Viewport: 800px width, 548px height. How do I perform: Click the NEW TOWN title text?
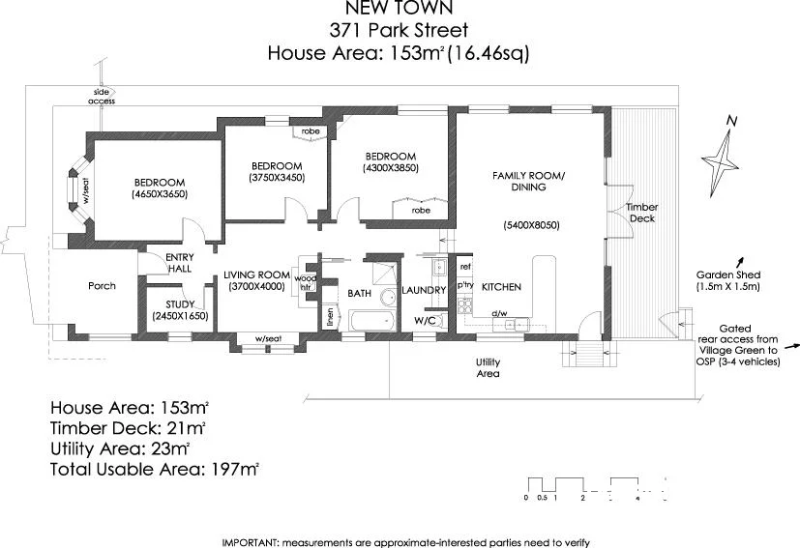coord(399,10)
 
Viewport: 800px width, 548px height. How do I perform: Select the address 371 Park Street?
coord(399,30)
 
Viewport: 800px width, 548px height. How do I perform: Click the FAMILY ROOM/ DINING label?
coord(528,181)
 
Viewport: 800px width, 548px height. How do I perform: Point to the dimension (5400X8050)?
coord(531,225)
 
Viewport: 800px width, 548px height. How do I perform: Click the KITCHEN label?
coord(502,287)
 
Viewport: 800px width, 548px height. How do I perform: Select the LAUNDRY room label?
coord(423,290)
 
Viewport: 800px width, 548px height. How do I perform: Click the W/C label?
coord(425,320)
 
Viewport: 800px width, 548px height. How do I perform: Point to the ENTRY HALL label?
coord(180,263)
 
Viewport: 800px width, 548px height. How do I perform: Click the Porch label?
coord(102,286)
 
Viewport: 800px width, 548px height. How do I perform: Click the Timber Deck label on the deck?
coord(640,213)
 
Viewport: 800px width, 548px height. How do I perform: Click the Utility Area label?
coord(487,367)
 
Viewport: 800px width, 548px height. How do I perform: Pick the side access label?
coord(102,96)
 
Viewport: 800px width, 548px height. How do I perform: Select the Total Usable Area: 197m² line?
coord(155,470)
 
